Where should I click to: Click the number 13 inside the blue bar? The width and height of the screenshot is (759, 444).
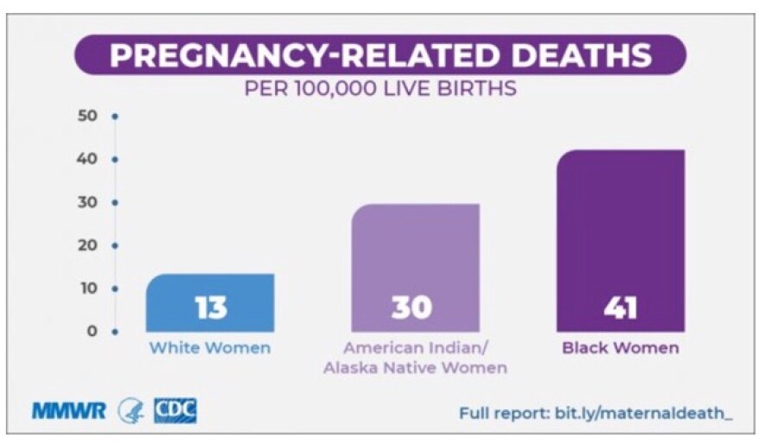[x=211, y=308]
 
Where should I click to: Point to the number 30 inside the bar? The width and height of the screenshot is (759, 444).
[x=412, y=308]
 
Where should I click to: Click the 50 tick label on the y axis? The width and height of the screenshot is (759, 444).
[x=90, y=116]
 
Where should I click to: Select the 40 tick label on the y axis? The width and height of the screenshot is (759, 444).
[x=90, y=159]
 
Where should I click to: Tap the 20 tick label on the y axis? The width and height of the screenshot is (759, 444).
[x=90, y=245]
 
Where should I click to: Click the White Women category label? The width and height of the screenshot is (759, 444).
[x=210, y=349]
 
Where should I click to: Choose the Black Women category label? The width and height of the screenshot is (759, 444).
[x=620, y=349]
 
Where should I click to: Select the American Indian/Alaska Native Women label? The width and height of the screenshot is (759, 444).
[x=415, y=358]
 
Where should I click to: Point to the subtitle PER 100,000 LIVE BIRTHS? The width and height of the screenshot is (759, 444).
[x=380, y=89]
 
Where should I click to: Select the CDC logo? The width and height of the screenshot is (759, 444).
[x=175, y=410]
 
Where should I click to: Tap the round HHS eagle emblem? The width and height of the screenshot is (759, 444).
[x=131, y=411]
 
